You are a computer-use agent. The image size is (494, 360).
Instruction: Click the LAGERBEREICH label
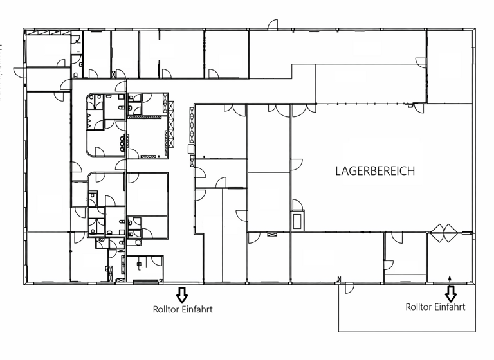(x=375, y=171)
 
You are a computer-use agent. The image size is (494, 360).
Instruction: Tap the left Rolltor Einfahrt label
(x=183, y=309)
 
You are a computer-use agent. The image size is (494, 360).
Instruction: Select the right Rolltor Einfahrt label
(x=435, y=307)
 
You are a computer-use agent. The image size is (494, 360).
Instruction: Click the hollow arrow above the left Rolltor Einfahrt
(x=182, y=295)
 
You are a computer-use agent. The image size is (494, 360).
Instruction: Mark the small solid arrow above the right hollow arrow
(x=450, y=278)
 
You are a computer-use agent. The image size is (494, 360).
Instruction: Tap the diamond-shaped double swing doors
(x=444, y=232)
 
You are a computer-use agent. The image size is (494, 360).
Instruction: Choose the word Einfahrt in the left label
(x=196, y=309)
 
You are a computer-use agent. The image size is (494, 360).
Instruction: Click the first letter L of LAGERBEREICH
(x=338, y=171)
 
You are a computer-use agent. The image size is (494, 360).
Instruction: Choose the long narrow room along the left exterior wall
(x=47, y=161)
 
